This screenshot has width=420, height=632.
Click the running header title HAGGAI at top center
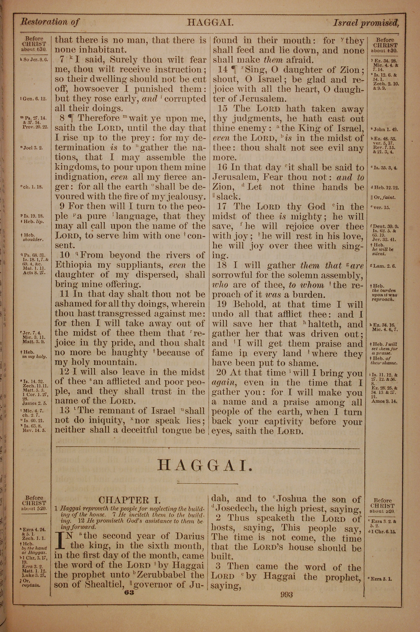(x=210, y=22)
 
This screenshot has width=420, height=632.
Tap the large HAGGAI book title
(x=205, y=465)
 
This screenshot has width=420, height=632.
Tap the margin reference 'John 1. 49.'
(x=385, y=129)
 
